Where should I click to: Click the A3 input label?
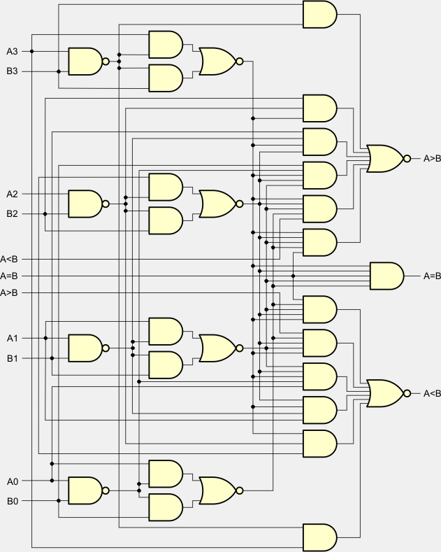[x=12, y=51]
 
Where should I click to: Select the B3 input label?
[x=12, y=71]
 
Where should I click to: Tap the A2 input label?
[x=12, y=194]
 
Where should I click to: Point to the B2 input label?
[x=12, y=213]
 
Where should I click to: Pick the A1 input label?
[x=12, y=338]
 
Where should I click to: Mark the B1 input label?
[x=12, y=358]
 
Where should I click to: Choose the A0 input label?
[x=12, y=481]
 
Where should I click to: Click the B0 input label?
[x=12, y=501]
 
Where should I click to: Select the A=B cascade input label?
[x=10, y=276]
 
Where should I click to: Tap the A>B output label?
[x=432, y=159]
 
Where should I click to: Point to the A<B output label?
[x=432, y=394]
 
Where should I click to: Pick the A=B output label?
[x=432, y=276]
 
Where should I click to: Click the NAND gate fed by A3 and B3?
[x=85, y=62]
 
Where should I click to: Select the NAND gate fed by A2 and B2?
[x=85, y=204]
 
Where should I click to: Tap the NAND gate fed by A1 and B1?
[x=85, y=348]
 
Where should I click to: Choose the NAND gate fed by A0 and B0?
[x=85, y=490]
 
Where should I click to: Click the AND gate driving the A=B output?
[x=386, y=276]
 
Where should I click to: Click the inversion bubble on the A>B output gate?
[x=407, y=159]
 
